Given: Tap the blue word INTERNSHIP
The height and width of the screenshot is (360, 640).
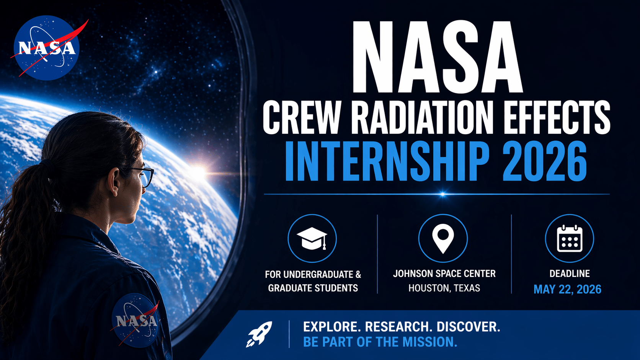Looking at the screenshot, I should [387, 161].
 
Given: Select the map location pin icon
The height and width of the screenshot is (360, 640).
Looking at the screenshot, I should [443, 238].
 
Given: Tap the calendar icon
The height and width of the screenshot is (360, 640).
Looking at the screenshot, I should [570, 238].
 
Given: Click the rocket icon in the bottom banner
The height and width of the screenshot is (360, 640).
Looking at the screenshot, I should [259, 334].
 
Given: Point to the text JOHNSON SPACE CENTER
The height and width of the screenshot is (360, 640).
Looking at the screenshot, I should [444, 274].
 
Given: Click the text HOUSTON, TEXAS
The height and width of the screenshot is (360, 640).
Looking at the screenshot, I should [444, 288].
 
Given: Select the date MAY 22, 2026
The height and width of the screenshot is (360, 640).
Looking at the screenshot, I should [567, 289].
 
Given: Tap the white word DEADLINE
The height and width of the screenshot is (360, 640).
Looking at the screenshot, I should [570, 274].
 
